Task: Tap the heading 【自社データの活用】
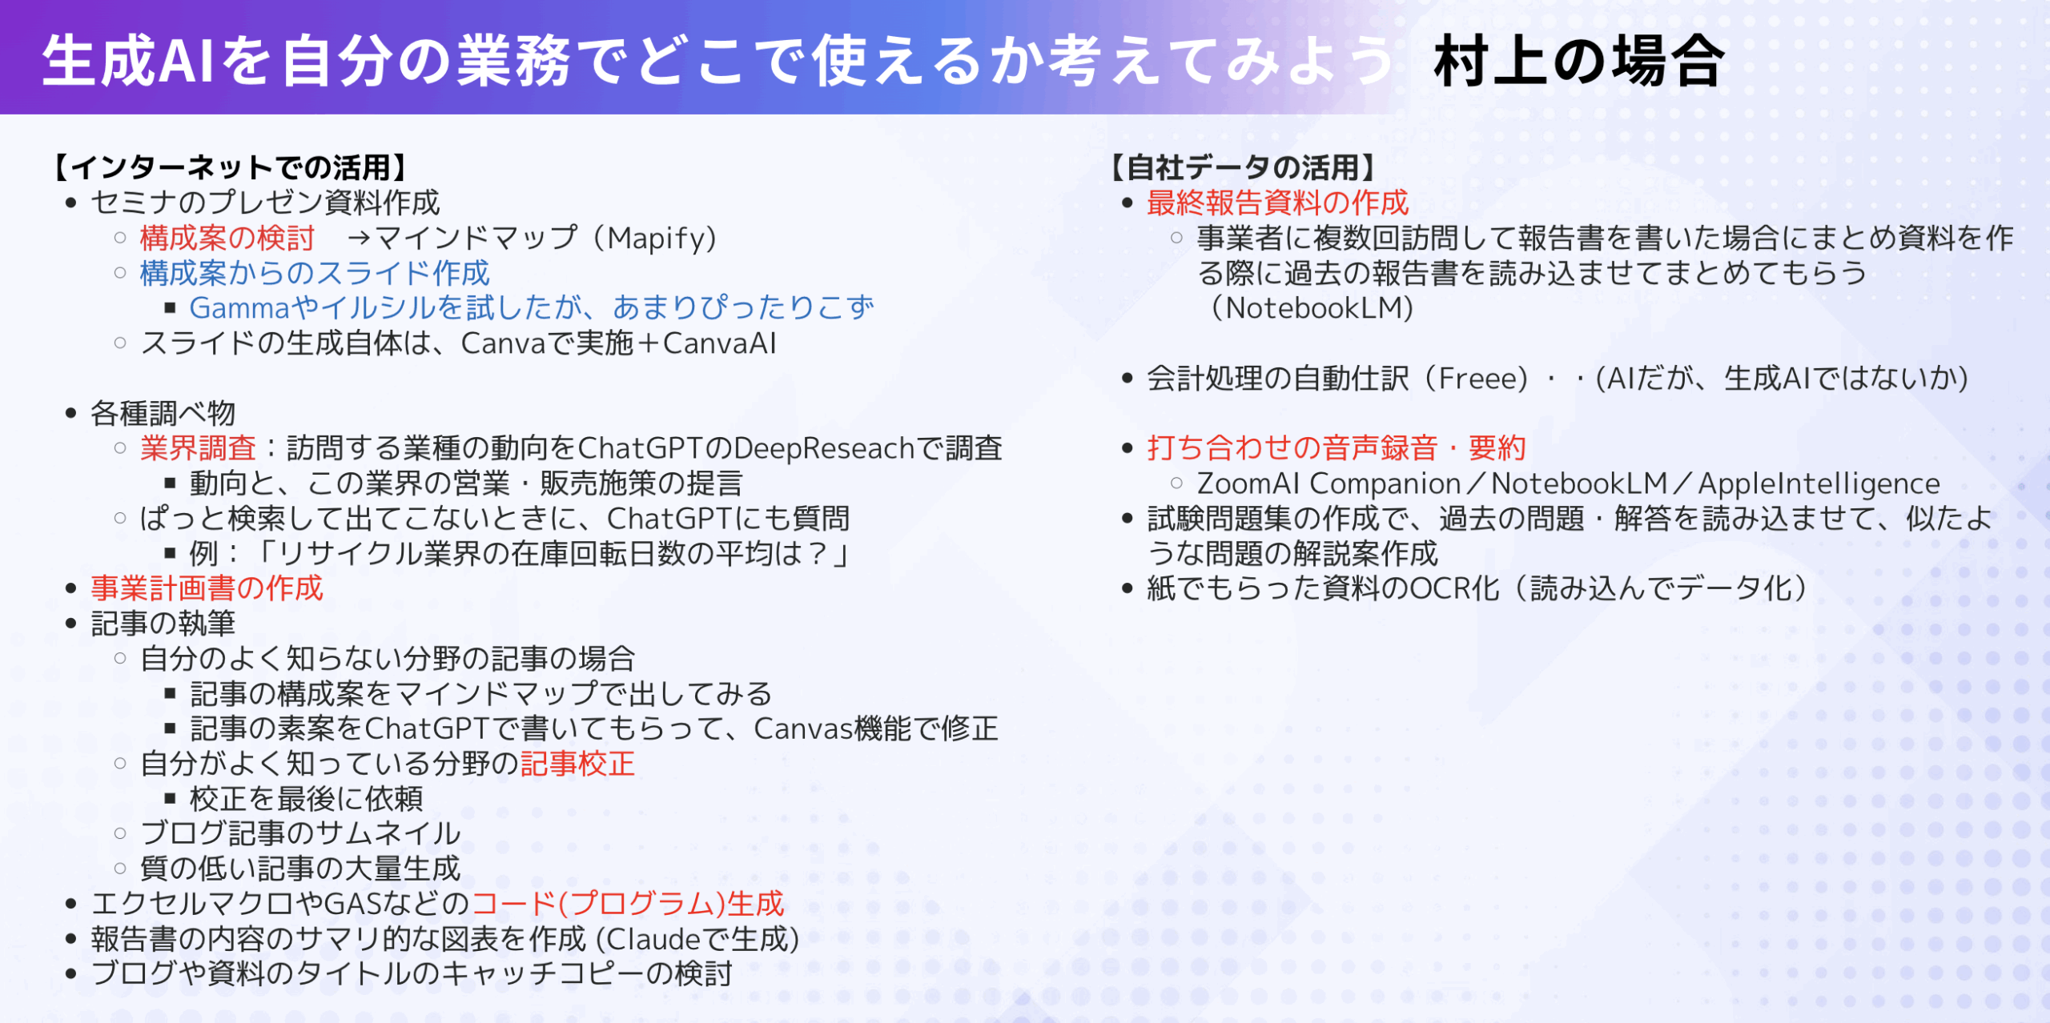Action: pos(1243,167)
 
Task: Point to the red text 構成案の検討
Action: pos(227,238)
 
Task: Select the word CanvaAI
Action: pos(720,343)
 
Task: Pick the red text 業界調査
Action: pos(198,448)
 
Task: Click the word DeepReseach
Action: pos(824,448)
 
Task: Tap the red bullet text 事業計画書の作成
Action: pos(207,588)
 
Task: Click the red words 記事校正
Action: pos(577,764)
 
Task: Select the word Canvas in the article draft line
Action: pos(803,728)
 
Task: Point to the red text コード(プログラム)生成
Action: pos(628,904)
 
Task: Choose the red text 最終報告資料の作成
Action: pos(1277,203)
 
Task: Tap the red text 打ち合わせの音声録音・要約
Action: pos(1337,448)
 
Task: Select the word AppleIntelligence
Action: pos(1819,483)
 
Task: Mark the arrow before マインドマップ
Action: pos(359,238)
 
